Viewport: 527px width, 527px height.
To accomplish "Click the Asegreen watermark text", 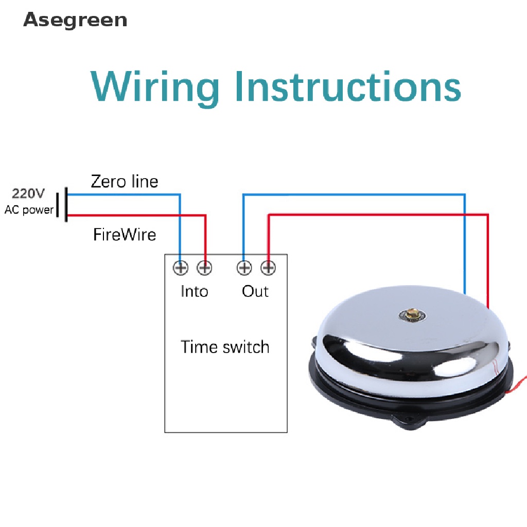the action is click(x=75, y=20).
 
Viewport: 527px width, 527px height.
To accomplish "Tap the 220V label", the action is click(x=29, y=194).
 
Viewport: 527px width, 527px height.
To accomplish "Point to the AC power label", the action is click(x=29, y=209).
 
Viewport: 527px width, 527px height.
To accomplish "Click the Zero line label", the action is click(x=125, y=181).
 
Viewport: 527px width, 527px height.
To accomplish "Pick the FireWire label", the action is click(x=125, y=235).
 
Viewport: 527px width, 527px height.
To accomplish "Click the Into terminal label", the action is click(x=194, y=291).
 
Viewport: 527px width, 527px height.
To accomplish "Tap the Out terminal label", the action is click(x=255, y=291).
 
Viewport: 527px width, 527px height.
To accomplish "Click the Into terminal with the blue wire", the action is click(x=181, y=268).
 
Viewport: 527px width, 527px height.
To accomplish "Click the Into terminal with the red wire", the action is click(x=205, y=268).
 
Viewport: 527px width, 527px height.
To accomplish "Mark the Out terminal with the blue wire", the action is click(x=244, y=268).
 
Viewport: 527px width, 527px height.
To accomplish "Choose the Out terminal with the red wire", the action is click(x=268, y=268).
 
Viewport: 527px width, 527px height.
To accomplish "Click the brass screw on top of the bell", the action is click(x=412, y=313).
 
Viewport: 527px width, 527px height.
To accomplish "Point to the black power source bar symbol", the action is click(x=66, y=205).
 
